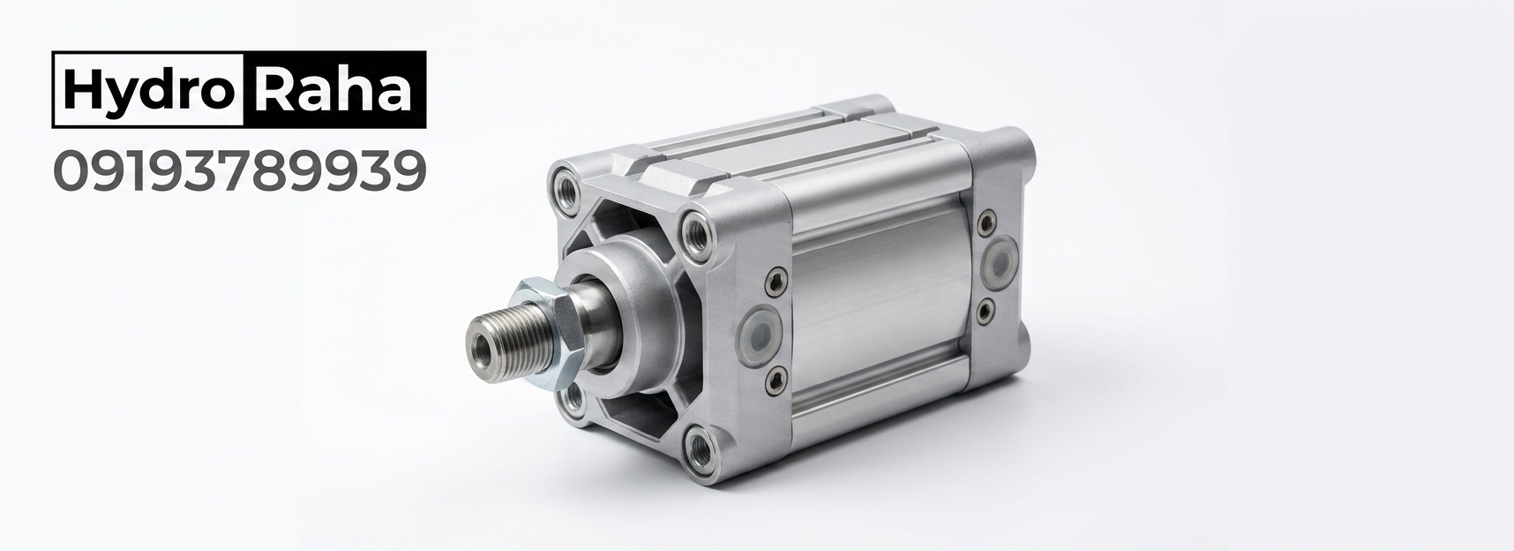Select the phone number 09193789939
point(240,171)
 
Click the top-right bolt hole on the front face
point(698,231)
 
